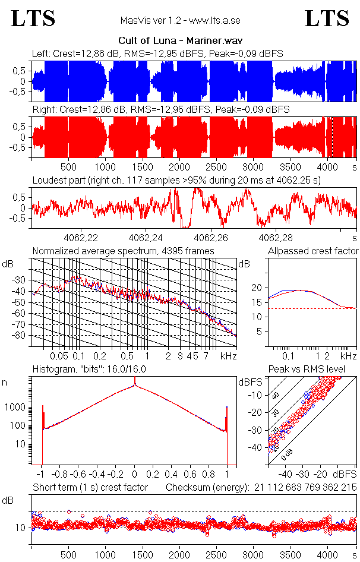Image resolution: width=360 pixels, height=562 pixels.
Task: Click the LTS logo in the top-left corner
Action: [33, 18]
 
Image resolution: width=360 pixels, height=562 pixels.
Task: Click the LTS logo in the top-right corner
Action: [327, 18]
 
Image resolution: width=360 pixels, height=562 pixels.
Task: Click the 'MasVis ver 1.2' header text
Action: [180, 21]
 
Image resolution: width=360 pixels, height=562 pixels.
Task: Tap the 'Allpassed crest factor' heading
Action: [313, 251]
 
